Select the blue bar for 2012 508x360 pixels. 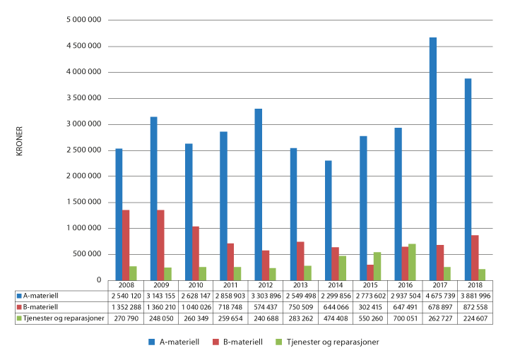pyautogui.click(x=259, y=194)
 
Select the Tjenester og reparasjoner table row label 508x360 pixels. pyautogui.click(x=63, y=319)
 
